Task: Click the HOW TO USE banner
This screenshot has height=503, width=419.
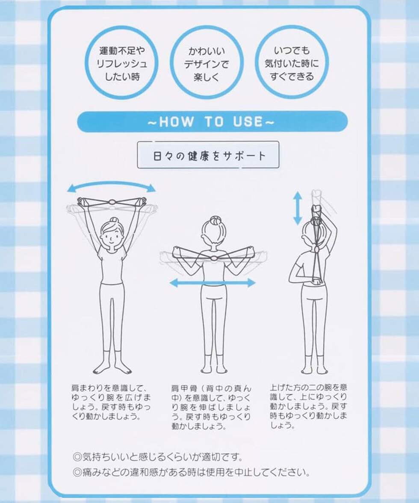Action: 212,121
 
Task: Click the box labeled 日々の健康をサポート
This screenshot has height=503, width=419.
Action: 208,155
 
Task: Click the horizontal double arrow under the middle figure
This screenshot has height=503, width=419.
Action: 212,283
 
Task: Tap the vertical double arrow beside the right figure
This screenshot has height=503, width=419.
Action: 298,208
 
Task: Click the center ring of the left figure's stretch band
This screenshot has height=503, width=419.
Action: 112,202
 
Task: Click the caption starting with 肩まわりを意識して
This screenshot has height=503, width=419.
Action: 111,402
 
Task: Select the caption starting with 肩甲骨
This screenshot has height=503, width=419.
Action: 211,407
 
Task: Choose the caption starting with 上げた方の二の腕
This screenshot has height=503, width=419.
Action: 308,406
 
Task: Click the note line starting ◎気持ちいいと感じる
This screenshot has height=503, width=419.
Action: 157,456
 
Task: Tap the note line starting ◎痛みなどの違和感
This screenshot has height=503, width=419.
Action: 191,472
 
